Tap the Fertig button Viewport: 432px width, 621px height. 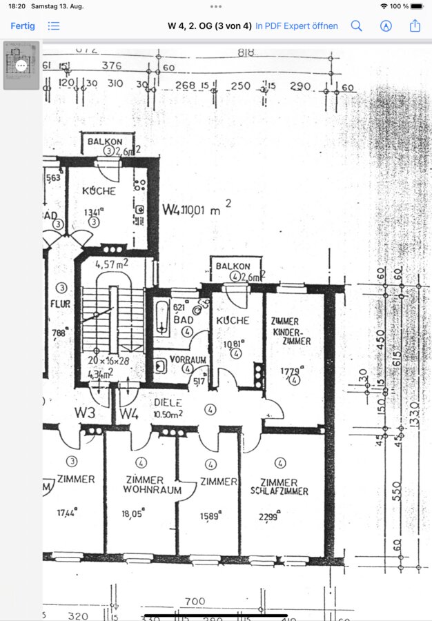point(23,26)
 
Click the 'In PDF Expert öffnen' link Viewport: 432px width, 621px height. point(297,26)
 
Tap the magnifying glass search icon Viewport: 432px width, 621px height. point(356,26)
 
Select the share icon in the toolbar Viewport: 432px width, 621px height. point(415,26)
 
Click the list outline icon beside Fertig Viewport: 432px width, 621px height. point(54,26)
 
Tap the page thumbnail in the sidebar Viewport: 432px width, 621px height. point(21,65)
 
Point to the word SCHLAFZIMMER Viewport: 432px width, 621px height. point(279,491)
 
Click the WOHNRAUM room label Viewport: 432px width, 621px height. point(152,491)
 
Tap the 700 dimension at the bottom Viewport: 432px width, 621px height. point(195,602)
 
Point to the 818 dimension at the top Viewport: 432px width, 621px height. point(246,52)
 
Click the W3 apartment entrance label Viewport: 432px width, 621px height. point(85,413)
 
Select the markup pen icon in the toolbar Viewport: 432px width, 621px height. point(386,26)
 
